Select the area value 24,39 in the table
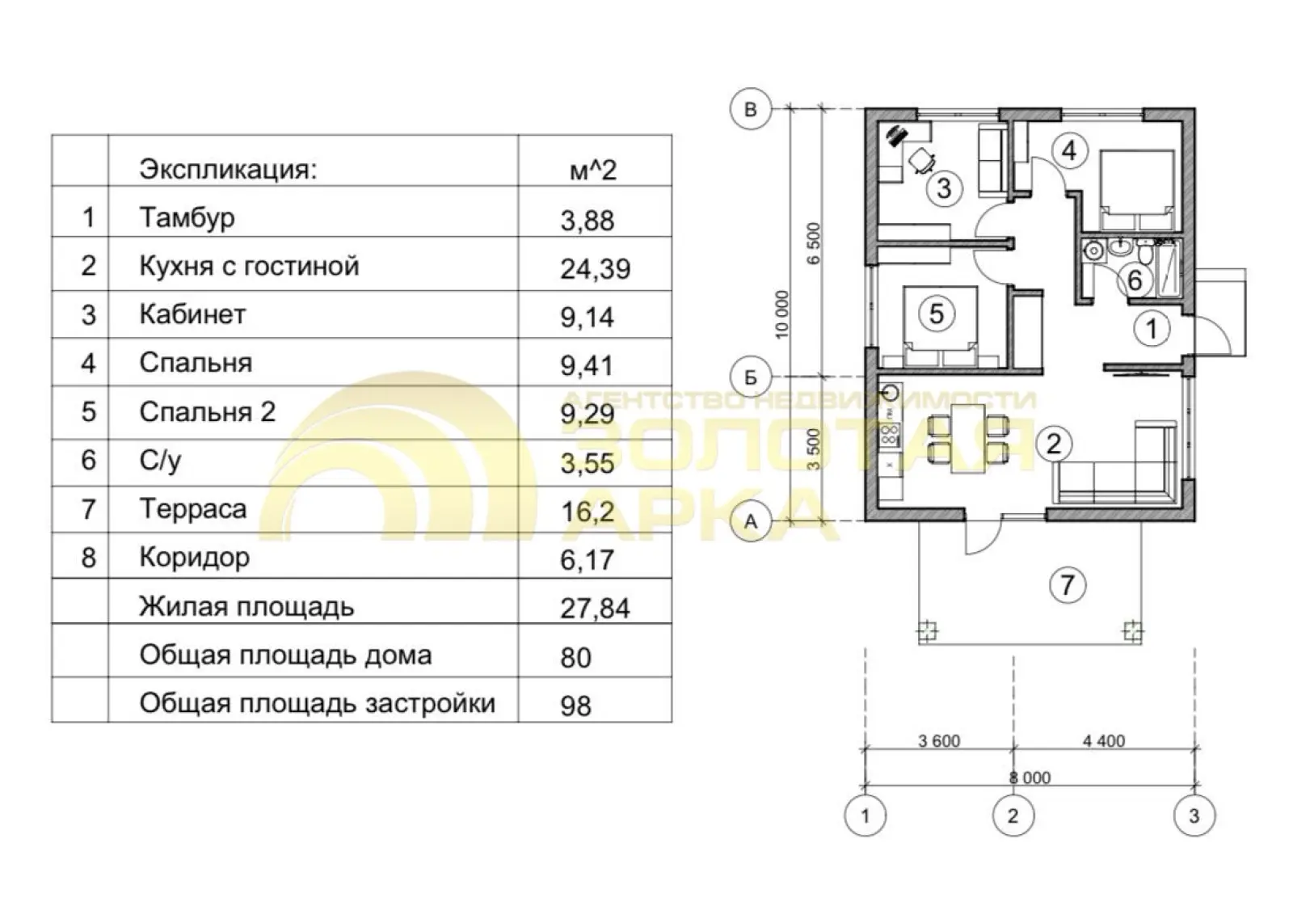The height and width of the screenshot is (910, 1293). point(595,269)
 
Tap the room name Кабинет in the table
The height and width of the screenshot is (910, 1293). point(193,314)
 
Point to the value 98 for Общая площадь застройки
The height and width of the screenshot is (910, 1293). point(575,706)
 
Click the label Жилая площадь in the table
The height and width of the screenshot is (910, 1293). point(246,607)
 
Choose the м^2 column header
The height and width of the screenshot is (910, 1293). point(593,171)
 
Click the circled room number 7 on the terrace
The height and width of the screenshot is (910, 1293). point(1067,585)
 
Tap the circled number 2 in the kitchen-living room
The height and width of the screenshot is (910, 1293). point(1054,444)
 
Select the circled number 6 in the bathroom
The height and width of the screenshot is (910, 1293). point(1135,280)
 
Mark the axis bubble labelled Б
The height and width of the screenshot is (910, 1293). point(751,377)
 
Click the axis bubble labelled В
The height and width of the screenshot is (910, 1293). point(751,109)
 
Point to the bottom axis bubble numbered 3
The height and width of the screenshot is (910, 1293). point(1194,816)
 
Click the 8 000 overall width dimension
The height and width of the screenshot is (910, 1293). point(1030,777)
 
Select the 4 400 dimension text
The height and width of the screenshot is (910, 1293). point(1104,741)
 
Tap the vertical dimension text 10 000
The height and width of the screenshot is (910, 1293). point(781,314)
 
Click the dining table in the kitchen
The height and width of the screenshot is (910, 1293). point(968,439)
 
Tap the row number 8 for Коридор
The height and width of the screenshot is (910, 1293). point(88,558)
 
